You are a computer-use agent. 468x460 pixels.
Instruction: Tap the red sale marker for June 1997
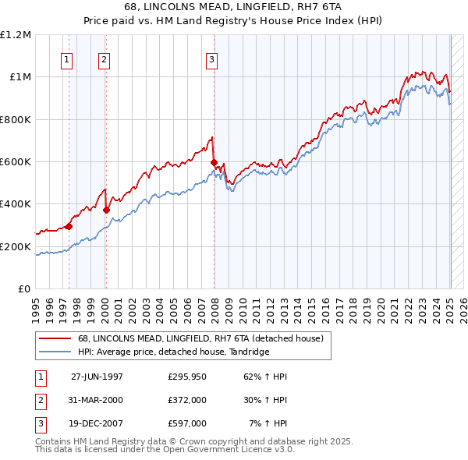click(69, 226)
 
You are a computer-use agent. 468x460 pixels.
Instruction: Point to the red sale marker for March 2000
click(107, 210)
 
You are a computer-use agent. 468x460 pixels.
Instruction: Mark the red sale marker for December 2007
click(214, 162)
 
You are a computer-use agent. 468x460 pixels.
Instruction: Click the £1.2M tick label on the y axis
click(16, 35)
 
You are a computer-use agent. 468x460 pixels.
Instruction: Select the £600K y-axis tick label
click(16, 162)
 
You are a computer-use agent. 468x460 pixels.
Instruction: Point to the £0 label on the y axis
click(23, 289)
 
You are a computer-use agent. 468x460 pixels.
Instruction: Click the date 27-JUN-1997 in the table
click(97, 377)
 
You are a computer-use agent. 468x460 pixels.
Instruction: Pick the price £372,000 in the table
click(186, 400)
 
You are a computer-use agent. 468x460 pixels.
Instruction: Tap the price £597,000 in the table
click(186, 423)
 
